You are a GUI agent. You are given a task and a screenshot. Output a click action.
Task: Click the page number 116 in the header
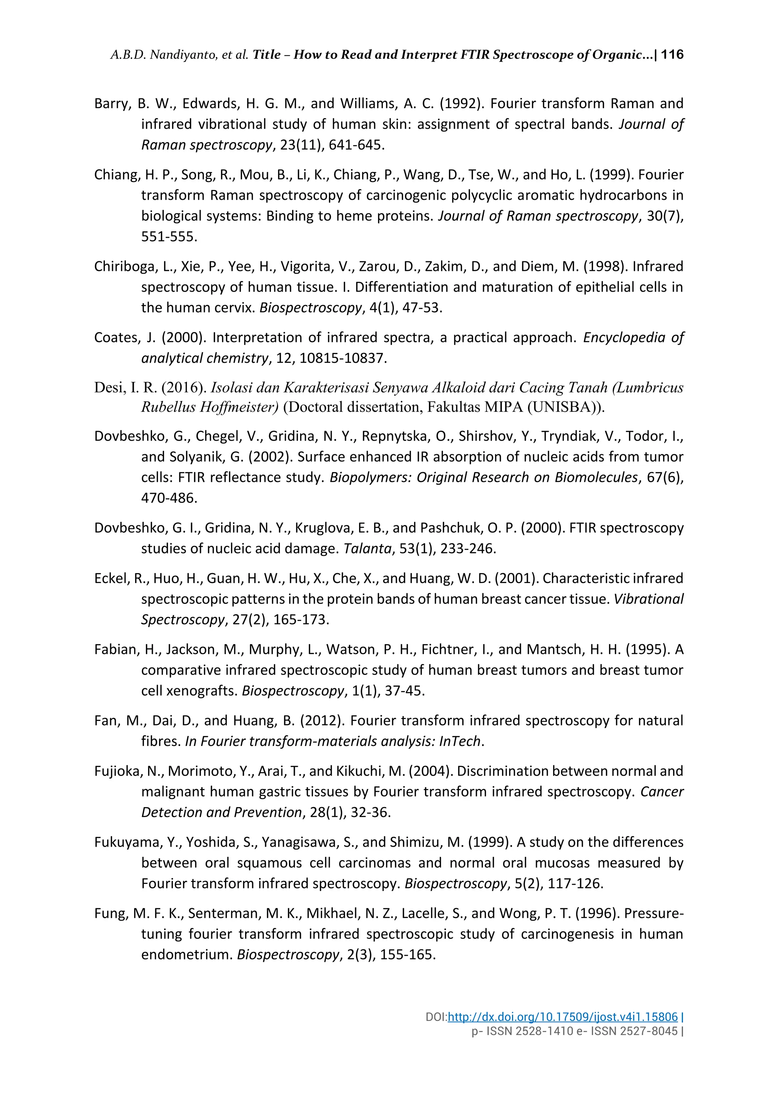(672, 55)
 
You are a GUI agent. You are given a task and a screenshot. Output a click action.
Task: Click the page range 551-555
(169, 237)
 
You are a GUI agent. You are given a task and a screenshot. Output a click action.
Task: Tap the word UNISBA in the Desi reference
(561, 407)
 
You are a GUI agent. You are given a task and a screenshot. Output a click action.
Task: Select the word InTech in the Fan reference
(459, 742)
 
